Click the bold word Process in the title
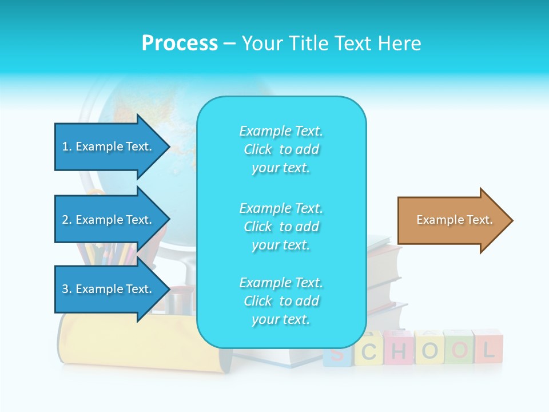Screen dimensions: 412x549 coord(180,43)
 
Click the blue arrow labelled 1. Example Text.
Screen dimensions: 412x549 coord(109,146)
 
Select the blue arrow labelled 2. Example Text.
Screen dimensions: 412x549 coord(109,220)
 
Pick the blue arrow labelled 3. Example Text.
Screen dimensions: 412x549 coord(109,289)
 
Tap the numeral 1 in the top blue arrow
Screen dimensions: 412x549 coord(65,146)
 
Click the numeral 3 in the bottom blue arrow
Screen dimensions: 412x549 coord(65,289)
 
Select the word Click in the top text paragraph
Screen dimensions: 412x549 coord(258,150)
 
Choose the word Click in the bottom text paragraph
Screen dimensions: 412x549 coord(258,301)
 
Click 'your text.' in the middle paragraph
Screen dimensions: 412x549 coord(281,245)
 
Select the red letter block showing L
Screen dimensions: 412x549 coord(488,348)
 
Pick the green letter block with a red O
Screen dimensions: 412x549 coord(459,348)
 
